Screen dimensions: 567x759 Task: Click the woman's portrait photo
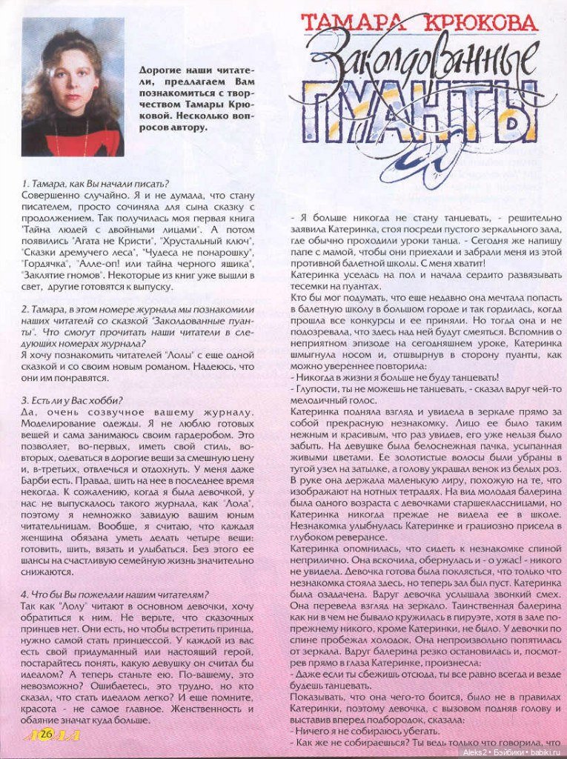click(x=73, y=87)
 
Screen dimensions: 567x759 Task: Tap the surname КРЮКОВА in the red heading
click(x=485, y=23)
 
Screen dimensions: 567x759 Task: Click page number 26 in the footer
click(x=47, y=734)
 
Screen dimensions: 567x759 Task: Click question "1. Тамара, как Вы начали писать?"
click(x=95, y=183)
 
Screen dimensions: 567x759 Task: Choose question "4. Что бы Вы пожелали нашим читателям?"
click(x=115, y=594)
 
